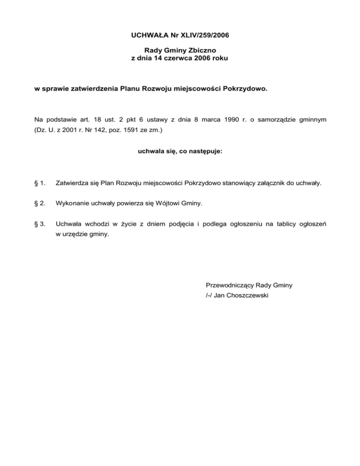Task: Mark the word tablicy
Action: [278, 224]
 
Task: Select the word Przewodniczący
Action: [228, 285]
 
